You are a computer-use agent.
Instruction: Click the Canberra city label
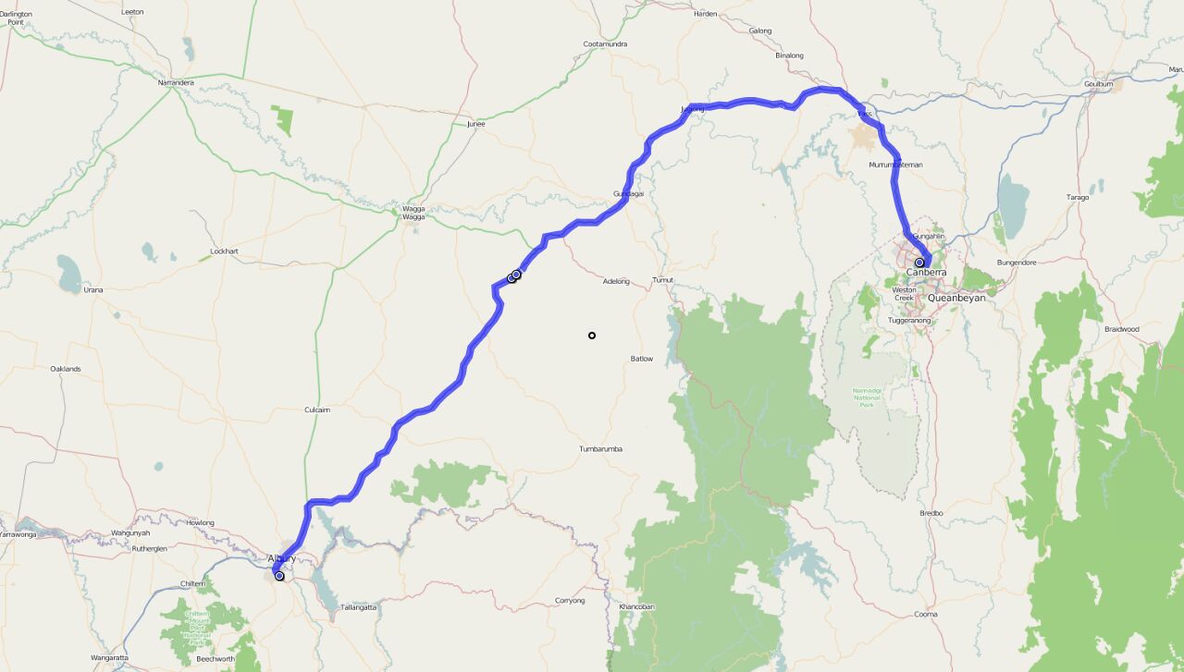(926, 273)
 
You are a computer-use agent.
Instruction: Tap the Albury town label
(281, 558)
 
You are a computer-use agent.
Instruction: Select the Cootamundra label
(606, 43)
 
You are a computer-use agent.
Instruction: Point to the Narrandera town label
(176, 82)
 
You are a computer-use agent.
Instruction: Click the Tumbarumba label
(600, 449)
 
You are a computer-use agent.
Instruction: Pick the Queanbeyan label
(956, 299)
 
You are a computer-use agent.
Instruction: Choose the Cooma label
(925, 615)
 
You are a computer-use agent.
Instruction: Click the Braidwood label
(1121, 329)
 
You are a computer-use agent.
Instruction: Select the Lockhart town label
(224, 251)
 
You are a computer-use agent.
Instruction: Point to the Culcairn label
(317, 409)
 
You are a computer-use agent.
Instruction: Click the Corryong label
(570, 601)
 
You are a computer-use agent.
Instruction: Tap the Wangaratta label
(109, 657)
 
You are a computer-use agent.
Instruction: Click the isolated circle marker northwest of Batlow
(592, 336)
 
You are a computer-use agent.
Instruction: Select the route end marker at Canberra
(919, 263)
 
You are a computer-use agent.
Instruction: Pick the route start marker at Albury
(279, 576)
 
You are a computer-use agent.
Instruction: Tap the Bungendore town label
(1017, 263)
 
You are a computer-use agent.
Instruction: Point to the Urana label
(93, 290)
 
